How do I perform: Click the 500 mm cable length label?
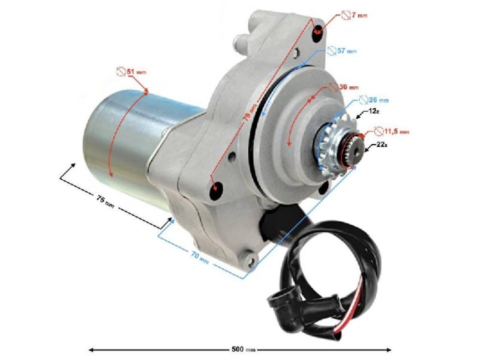click(239, 349)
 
